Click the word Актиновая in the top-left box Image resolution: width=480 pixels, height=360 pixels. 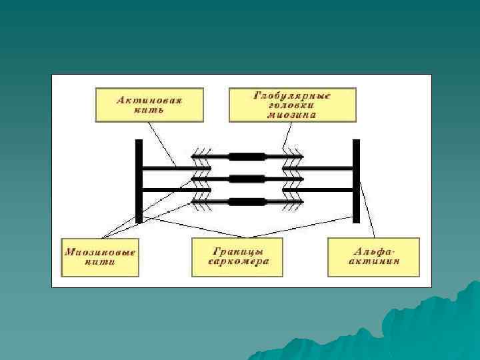[149, 99]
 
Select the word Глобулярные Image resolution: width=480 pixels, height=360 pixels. [293, 96]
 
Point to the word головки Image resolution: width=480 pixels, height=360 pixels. [292, 105]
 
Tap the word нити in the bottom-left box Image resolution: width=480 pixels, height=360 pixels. [100, 262]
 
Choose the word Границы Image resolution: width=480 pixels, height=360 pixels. [237, 252]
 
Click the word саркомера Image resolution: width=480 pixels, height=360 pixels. [237, 262]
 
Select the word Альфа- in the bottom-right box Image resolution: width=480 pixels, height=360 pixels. [373, 252]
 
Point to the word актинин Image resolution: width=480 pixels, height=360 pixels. [373, 262]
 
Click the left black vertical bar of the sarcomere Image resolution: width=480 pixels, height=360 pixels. [139, 181]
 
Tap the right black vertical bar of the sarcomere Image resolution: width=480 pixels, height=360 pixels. [356, 181]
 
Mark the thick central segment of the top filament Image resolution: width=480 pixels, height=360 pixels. [247, 157]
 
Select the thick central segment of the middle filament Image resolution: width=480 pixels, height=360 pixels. [247, 179]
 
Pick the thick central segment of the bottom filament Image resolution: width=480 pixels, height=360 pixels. [247, 201]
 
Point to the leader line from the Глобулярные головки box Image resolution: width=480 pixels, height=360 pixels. [285, 133]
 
